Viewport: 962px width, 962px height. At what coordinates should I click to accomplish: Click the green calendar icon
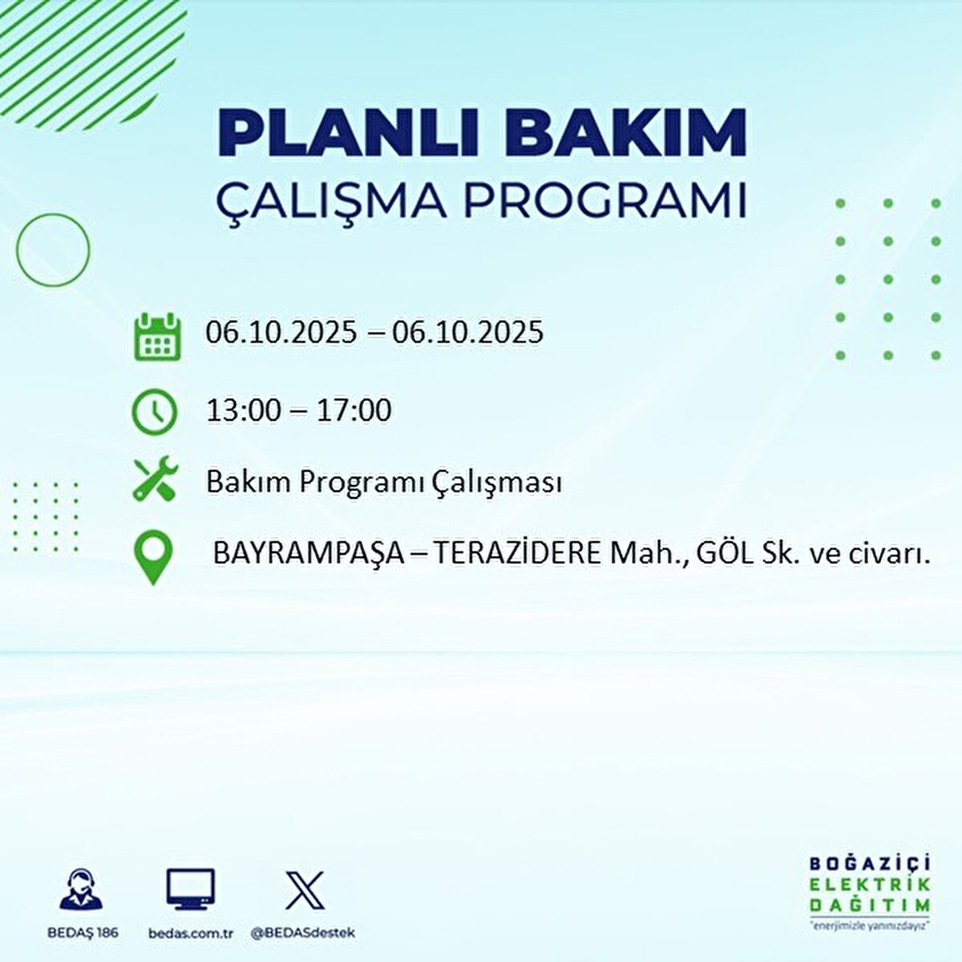pos(156,336)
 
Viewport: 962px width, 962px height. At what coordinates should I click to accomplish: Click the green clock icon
pos(154,412)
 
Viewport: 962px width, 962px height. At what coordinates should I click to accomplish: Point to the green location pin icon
pos(153,558)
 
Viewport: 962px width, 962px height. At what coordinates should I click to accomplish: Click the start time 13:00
pos(244,410)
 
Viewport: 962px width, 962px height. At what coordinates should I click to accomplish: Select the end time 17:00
pos(354,410)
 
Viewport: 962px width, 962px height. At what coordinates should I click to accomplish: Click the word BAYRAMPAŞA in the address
pos(309,554)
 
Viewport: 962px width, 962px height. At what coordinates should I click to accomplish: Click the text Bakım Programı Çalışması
pos(383,482)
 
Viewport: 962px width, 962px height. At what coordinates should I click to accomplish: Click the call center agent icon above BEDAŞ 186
pos(81,890)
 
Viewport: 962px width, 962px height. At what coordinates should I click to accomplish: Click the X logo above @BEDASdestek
pos(305,890)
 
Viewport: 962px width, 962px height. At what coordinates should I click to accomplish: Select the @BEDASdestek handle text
pos(303,933)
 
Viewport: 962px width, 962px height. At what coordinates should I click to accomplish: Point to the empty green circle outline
pos(53,250)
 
